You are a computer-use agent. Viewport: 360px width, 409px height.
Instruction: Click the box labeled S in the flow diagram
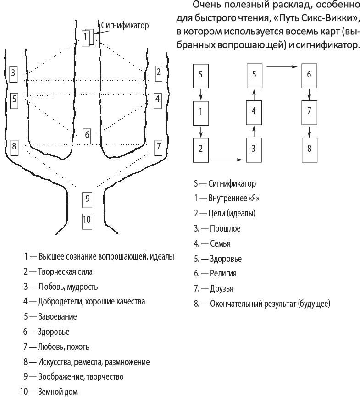pyautogui.click(x=200, y=74)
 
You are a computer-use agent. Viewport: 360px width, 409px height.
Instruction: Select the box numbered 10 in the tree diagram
pyautogui.click(x=87, y=220)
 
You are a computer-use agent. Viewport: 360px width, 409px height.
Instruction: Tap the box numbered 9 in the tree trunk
pyautogui.click(x=87, y=199)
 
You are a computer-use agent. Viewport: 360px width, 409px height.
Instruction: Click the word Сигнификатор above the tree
pyautogui.click(x=125, y=25)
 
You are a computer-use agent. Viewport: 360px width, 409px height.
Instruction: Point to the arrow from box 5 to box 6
pyautogui.click(x=282, y=67)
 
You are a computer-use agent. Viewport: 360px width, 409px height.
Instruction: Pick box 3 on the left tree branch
pyautogui.click(x=14, y=72)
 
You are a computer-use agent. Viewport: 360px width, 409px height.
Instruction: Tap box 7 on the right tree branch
pyautogui.click(x=159, y=146)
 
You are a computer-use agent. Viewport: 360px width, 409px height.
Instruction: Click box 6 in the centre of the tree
pyautogui.click(x=87, y=135)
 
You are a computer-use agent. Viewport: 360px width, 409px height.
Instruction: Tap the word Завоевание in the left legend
pyautogui.click(x=57, y=316)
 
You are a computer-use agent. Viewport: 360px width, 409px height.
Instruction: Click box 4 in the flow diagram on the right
pyautogui.click(x=254, y=111)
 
